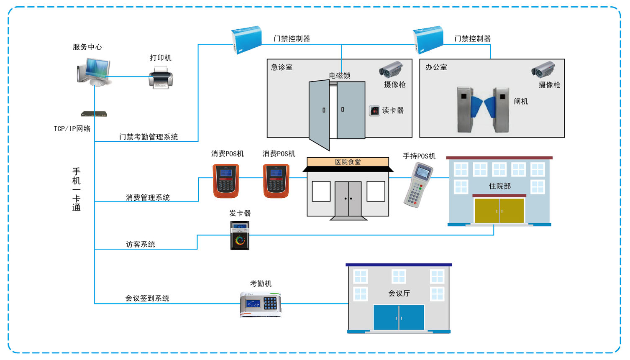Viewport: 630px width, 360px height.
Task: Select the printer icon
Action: point(161,79)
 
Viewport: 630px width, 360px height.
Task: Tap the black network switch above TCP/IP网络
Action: point(94,114)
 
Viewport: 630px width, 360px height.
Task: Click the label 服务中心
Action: point(87,47)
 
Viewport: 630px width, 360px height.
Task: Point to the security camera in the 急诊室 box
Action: point(391,69)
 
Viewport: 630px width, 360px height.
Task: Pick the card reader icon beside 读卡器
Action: point(374,111)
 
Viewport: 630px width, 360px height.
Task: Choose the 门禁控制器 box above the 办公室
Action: point(428,39)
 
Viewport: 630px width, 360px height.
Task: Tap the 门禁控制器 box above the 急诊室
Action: point(246,39)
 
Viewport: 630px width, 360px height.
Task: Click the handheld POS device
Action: point(418,184)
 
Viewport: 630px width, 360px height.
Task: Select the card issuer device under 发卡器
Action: point(240,235)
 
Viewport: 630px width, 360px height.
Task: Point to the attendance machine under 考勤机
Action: point(261,304)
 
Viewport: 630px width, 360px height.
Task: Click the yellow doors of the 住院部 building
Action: point(499,211)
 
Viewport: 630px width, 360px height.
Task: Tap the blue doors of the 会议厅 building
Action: point(399,317)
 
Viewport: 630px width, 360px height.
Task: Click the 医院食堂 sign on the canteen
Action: point(348,162)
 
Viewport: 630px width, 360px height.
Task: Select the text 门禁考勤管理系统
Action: point(149,137)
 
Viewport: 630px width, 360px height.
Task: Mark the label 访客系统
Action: point(140,244)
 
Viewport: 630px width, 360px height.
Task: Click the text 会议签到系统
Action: point(147,298)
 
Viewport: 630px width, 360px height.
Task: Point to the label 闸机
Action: point(521,102)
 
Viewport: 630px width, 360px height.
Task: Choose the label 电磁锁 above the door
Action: point(339,76)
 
